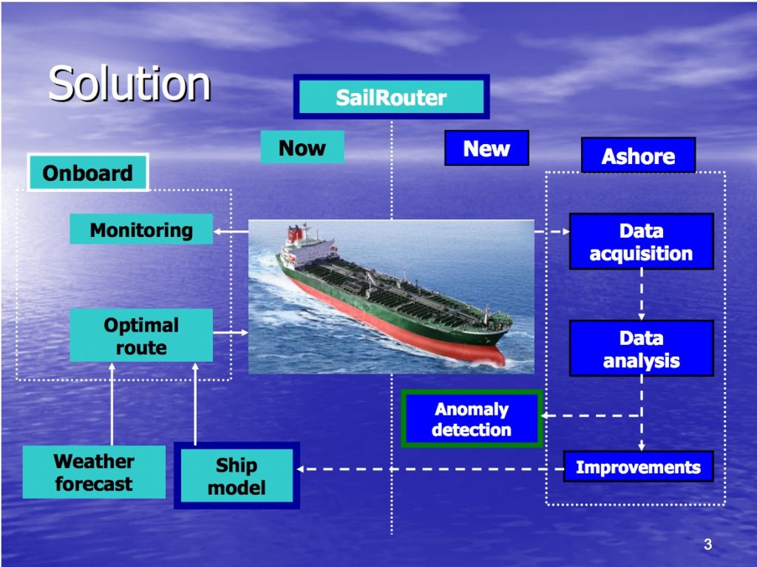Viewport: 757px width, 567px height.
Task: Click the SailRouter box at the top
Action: pyautogui.click(x=391, y=97)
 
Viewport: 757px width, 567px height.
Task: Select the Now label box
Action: pyautogui.click(x=302, y=147)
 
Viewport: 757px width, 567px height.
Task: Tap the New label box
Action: pyautogui.click(x=486, y=148)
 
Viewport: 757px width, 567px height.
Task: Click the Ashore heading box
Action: pyautogui.click(x=638, y=155)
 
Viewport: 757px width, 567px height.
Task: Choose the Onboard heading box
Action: pyautogui.click(x=87, y=173)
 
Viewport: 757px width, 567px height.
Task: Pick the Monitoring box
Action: pyautogui.click(x=141, y=229)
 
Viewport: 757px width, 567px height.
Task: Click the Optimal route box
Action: pyautogui.click(x=141, y=336)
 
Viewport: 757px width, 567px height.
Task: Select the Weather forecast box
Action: pyautogui.click(x=94, y=472)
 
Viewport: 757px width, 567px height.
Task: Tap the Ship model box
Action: pyautogui.click(x=237, y=475)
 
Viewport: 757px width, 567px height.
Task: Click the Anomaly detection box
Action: pyautogui.click(x=472, y=419)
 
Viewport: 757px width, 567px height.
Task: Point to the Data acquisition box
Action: pyautogui.click(x=641, y=241)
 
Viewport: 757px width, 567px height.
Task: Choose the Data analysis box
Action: pyautogui.click(x=641, y=348)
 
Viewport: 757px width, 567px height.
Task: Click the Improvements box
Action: pyautogui.click(x=638, y=467)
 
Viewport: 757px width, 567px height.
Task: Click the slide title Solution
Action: pyautogui.click(x=129, y=83)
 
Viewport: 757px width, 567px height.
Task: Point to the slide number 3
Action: pyautogui.click(x=707, y=544)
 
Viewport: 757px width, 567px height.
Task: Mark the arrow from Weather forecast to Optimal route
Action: pyautogui.click(x=112, y=404)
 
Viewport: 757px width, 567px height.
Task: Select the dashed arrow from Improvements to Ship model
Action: pyautogui.click(x=430, y=469)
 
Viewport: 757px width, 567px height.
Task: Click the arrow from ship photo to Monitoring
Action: pyautogui.click(x=231, y=231)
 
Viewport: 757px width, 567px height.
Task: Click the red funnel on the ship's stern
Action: pyautogui.click(x=295, y=234)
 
